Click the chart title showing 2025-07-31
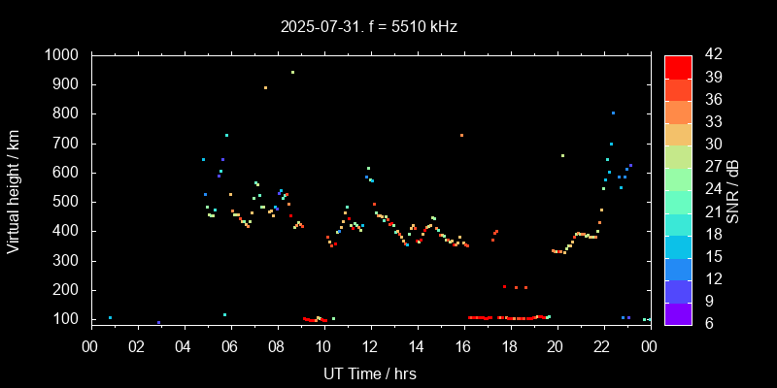tap(368, 27)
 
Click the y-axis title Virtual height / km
tap(14, 187)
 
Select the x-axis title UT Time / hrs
tap(369, 372)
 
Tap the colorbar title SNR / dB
tap(733, 189)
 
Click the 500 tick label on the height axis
tap(67, 202)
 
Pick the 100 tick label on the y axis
tap(67, 319)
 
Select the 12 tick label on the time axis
tap(370, 344)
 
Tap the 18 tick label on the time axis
tap(510, 344)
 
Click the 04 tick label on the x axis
tap(184, 344)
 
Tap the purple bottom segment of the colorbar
tap(678, 312)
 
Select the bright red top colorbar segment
tap(678, 66)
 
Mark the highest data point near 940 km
tap(292, 72)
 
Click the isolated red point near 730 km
tap(461, 135)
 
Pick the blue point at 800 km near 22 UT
tap(613, 113)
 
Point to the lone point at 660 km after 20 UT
tap(562, 155)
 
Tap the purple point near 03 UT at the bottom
tap(158, 323)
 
